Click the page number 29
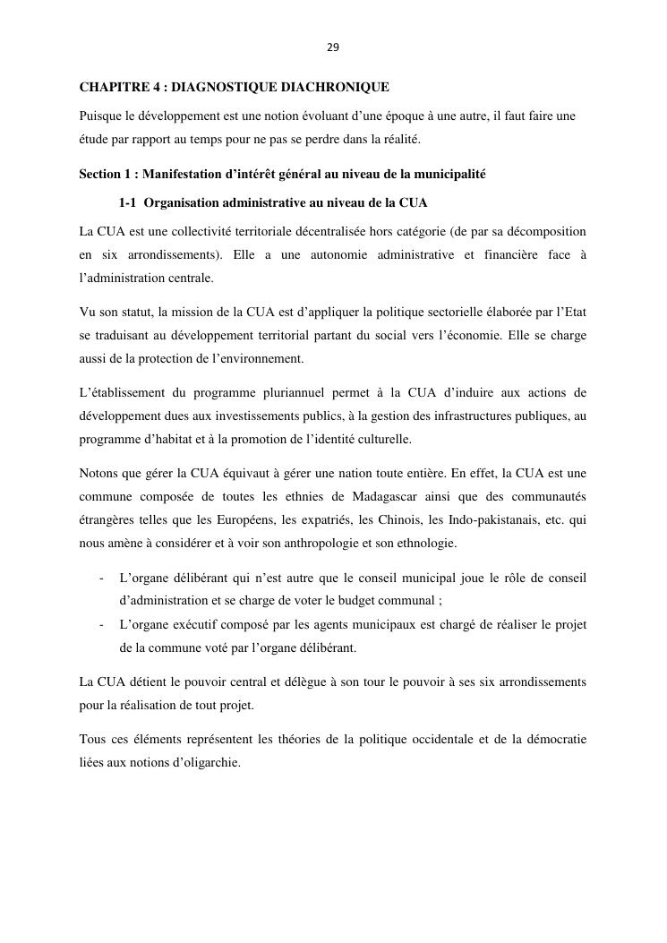coord(333,47)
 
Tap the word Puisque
coord(100,116)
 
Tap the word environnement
coord(260,359)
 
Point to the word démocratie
coord(553,739)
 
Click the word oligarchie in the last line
coord(214,762)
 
